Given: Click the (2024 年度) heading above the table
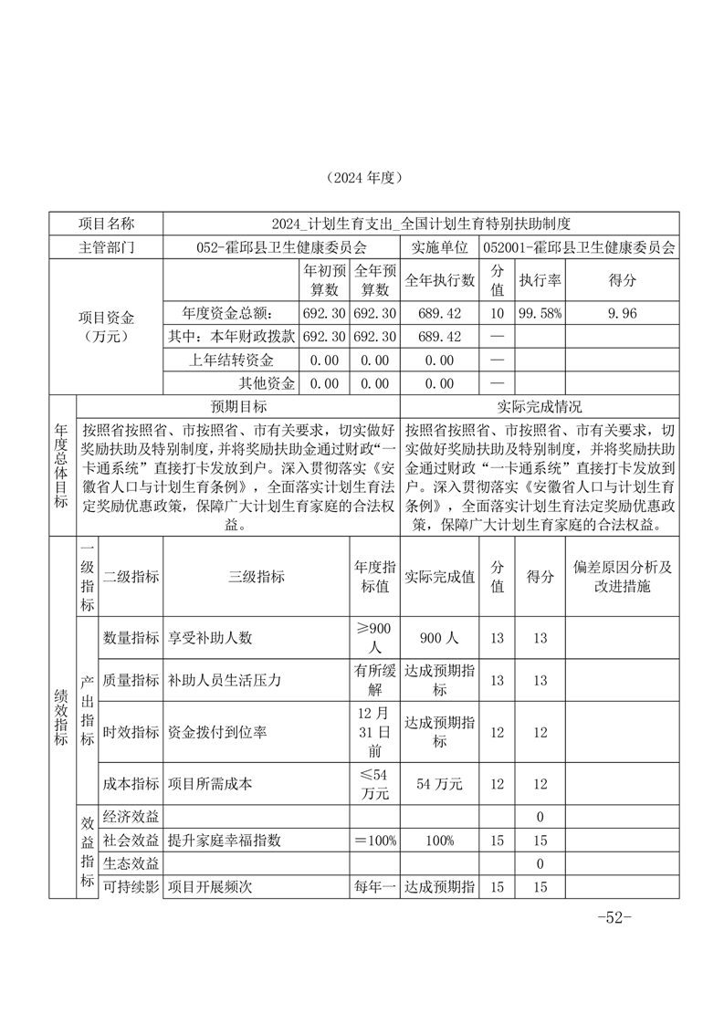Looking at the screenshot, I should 363,177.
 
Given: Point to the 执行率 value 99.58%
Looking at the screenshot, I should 539,313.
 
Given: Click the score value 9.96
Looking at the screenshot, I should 621,313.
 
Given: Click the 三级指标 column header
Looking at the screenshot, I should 256,577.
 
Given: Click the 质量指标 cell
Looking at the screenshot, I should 131,681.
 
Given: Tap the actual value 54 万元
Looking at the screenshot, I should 439,784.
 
